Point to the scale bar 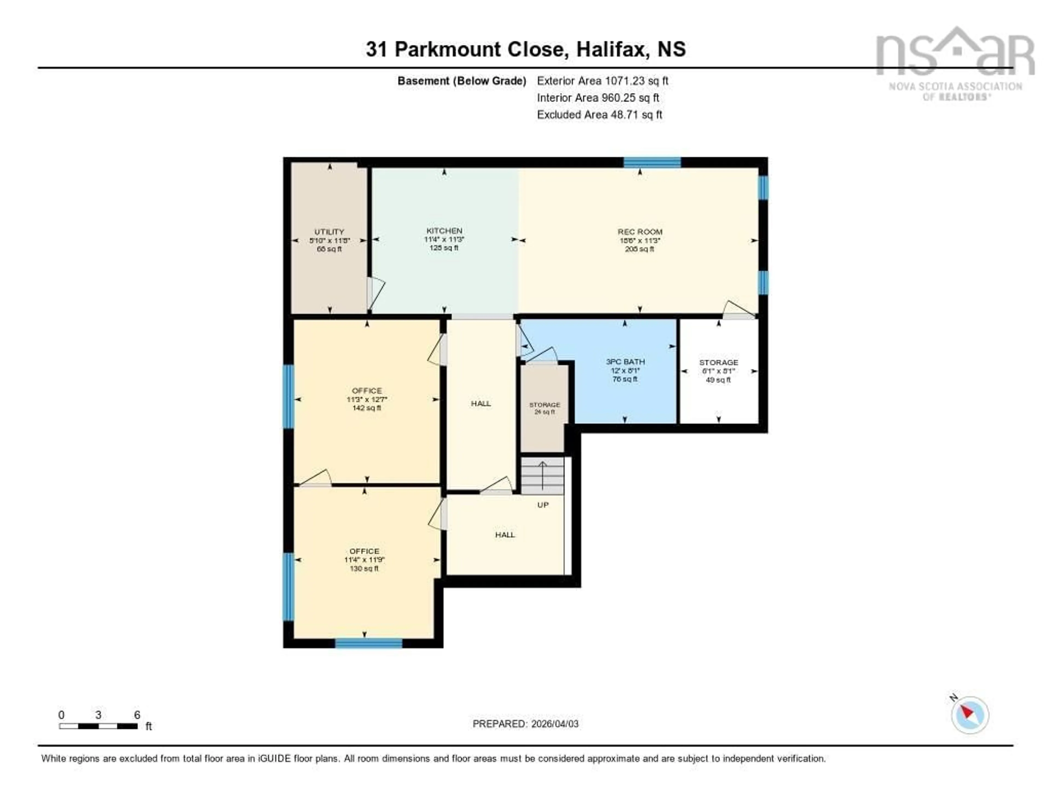click(98, 726)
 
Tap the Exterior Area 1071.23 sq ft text click(602, 81)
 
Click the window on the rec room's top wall click(652, 162)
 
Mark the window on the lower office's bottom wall click(369, 643)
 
